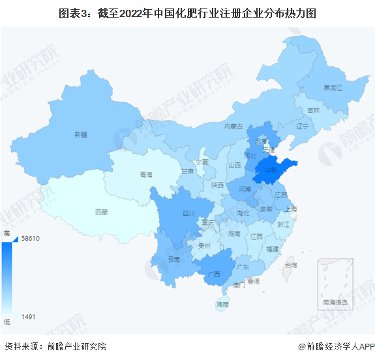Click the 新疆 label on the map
pos(80,135)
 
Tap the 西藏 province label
pos(100,211)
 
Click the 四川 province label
pos(188,213)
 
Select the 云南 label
pos(174,259)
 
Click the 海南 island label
pos(223,304)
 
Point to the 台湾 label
pos(290,265)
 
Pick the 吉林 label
pos(314,110)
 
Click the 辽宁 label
pos(301,126)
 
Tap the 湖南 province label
pos(235,233)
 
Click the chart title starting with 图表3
pos(187,12)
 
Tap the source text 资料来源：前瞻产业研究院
pos(55,346)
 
